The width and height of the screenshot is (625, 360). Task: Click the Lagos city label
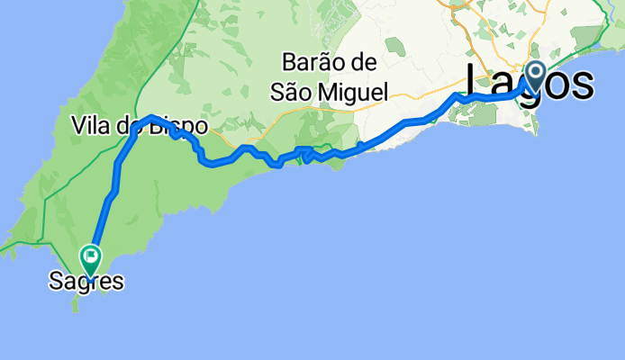point(530,84)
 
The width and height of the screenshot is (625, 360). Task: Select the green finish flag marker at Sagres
point(91,258)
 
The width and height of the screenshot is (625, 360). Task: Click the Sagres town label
point(86,282)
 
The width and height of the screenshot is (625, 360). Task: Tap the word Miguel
point(356,92)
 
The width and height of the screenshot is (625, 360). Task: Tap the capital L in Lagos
point(477,84)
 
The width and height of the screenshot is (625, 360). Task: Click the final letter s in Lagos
point(583,84)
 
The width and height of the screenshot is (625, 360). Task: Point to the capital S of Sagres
point(55,282)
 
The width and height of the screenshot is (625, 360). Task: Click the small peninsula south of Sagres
point(76,304)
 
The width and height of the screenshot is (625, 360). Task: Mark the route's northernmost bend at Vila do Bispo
point(150,118)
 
